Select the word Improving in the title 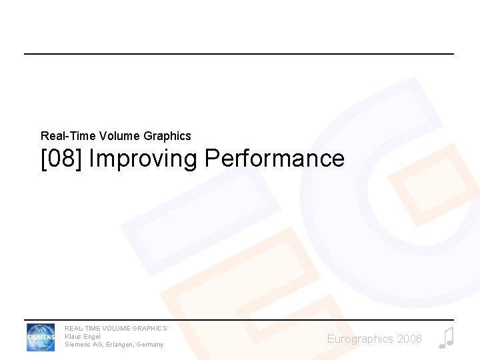(x=143, y=159)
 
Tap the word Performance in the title (x=275, y=159)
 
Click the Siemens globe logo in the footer (x=41, y=337)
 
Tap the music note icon (x=446, y=338)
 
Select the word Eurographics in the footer (x=360, y=339)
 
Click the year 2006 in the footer (x=409, y=339)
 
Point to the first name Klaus (x=73, y=336)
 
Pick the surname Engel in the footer (x=92, y=336)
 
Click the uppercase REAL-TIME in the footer (x=81, y=328)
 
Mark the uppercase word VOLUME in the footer (x=116, y=328)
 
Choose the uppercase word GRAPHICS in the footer (x=151, y=328)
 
